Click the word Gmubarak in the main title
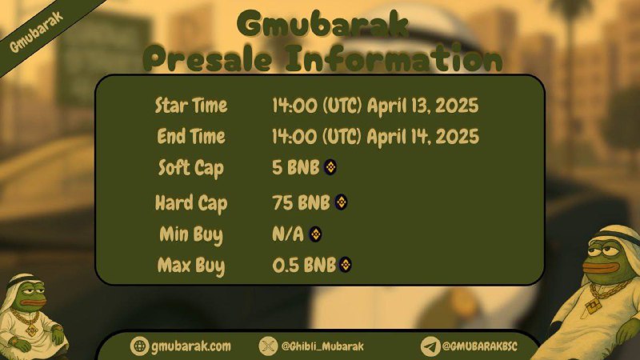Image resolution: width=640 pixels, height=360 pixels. click(x=322, y=25)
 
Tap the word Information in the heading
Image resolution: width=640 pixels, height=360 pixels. click(x=394, y=58)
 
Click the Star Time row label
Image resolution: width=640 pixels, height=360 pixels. click(x=191, y=106)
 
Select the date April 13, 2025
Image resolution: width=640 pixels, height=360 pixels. click(x=423, y=106)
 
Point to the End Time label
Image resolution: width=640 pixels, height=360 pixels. click(x=191, y=136)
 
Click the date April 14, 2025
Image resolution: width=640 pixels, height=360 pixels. click(x=423, y=136)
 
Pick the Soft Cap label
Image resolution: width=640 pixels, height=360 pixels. click(x=191, y=168)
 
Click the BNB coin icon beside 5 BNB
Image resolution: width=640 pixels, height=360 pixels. click(x=330, y=167)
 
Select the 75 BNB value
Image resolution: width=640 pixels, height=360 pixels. click(x=301, y=202)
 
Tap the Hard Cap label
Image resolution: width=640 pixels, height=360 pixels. click(x=191, y=203)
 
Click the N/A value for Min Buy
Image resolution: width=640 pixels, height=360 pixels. click(x=288, y=234)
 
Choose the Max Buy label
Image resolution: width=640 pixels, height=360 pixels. click(x=191, y=266)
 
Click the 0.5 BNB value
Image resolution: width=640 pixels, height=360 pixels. click(x=304, y=266)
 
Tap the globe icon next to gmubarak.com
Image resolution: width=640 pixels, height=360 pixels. click(x=139, y=346)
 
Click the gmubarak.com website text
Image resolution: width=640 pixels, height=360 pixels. click(x=191, y=346)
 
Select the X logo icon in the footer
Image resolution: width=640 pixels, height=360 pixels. click(x=268, y=346)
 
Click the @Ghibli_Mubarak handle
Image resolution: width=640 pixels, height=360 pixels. click(x=322, y=346)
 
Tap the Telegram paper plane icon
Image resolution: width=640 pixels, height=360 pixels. click(x=430, y=346)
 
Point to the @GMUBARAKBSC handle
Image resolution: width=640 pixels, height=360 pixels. click(x=479, y=346)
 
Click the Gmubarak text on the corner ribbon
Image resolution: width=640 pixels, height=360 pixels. click(x=36, y=32)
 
